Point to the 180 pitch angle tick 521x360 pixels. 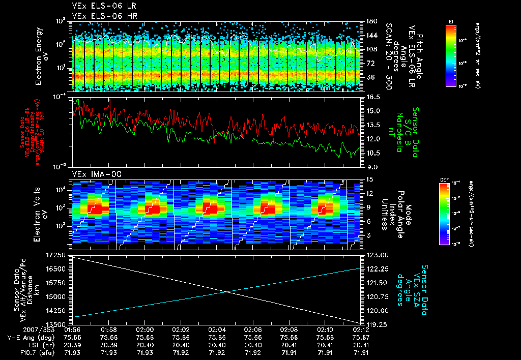tap(370, 21)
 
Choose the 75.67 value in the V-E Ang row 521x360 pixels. tap(361, 337)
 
